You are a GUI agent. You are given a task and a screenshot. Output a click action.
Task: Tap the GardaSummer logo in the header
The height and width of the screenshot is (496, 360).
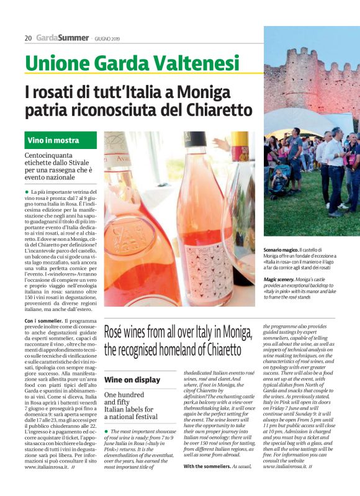click(x=62, y=38)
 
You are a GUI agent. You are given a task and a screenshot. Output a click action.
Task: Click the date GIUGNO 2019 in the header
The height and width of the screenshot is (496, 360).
click(x=108, y=38)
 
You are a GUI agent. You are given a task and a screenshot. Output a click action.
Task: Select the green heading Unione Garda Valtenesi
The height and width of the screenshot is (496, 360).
click(x=132, y=63)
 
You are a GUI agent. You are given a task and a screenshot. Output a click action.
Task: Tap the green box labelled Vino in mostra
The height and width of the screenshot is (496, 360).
click(x=53, y=140)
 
